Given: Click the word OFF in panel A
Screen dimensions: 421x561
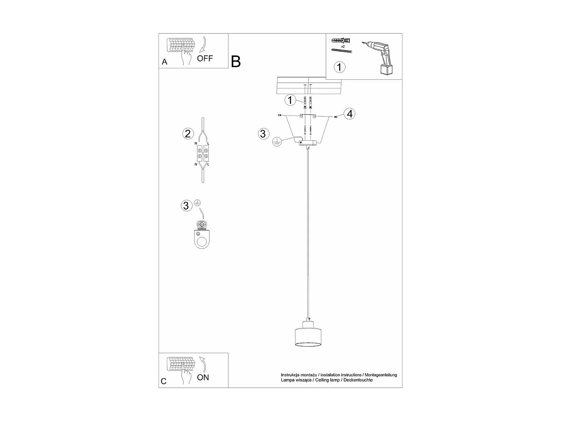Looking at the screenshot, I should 205,58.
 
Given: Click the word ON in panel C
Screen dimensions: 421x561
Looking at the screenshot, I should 203,377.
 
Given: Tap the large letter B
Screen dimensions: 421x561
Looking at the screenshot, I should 236,61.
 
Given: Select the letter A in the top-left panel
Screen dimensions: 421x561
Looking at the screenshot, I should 165,62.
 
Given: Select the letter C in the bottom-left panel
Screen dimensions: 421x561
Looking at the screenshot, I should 163,381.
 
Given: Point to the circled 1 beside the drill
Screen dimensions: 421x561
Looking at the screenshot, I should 339,67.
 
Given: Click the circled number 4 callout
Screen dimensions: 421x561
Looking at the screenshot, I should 349,113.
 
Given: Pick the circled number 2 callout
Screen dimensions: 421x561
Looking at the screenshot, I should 188,133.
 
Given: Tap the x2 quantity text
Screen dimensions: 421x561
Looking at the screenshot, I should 342,46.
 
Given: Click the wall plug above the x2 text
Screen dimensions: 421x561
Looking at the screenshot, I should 341,40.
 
